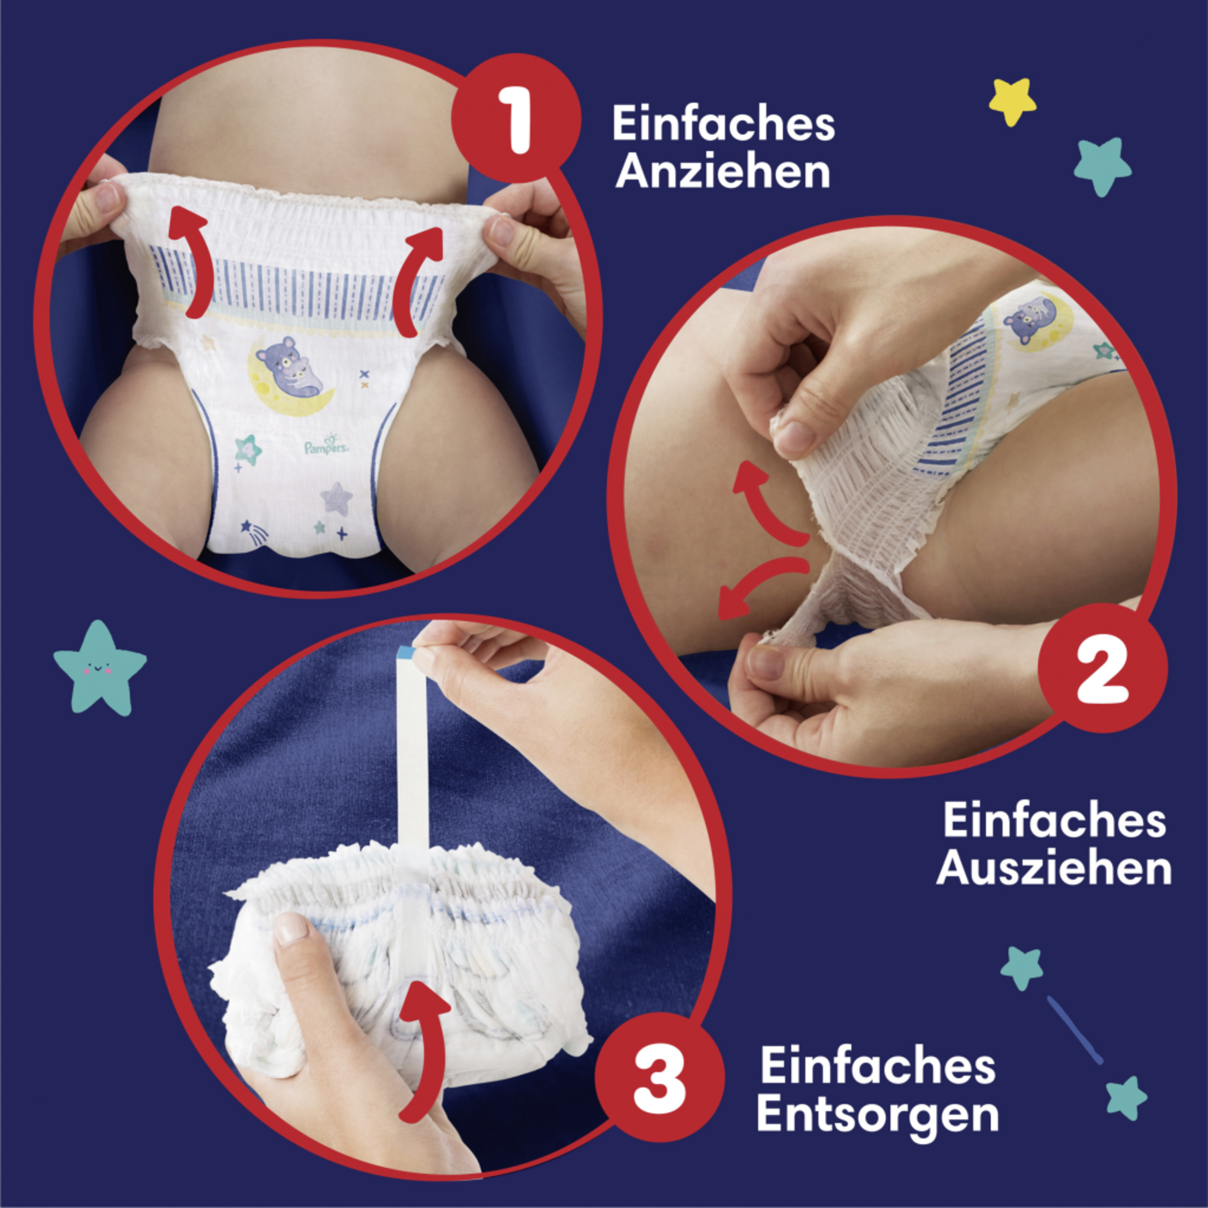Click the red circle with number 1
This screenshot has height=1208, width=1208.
point(516,118)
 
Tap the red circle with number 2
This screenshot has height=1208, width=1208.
point(1102,667)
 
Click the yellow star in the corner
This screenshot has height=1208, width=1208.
point(1012,101)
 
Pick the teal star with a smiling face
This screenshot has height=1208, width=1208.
point(100,668)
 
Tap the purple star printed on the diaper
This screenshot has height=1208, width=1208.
point(336,498)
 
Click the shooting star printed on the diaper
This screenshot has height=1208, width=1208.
point(256,530)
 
